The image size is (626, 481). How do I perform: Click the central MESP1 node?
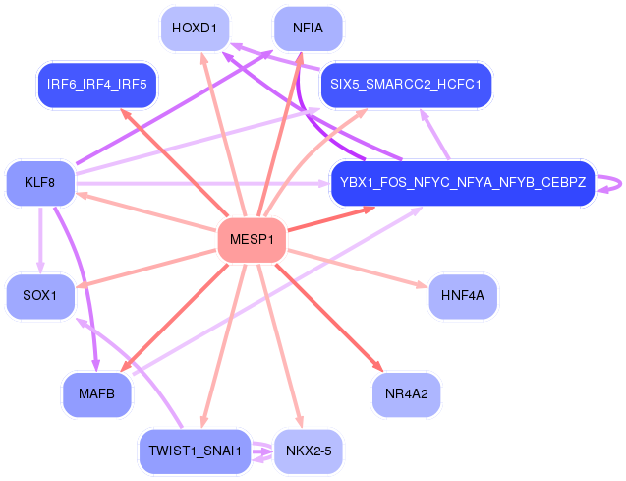tap(251, 240)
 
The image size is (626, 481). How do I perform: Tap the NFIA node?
tap(308, 28)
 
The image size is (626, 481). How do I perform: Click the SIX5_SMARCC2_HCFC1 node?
tap(405, 85)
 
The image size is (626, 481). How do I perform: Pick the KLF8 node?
tap(40, 183)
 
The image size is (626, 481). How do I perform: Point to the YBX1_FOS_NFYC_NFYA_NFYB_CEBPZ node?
tap(462, 183)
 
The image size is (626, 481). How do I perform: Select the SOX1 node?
tap(40, 296)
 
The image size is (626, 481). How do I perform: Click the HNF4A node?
tap(462, 296)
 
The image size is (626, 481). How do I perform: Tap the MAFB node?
tap(97, 394)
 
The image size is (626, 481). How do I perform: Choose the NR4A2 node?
tap(405, 394)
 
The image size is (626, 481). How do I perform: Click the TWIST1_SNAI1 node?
tap(194, 451)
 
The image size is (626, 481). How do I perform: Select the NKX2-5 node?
tap(308, 451)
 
